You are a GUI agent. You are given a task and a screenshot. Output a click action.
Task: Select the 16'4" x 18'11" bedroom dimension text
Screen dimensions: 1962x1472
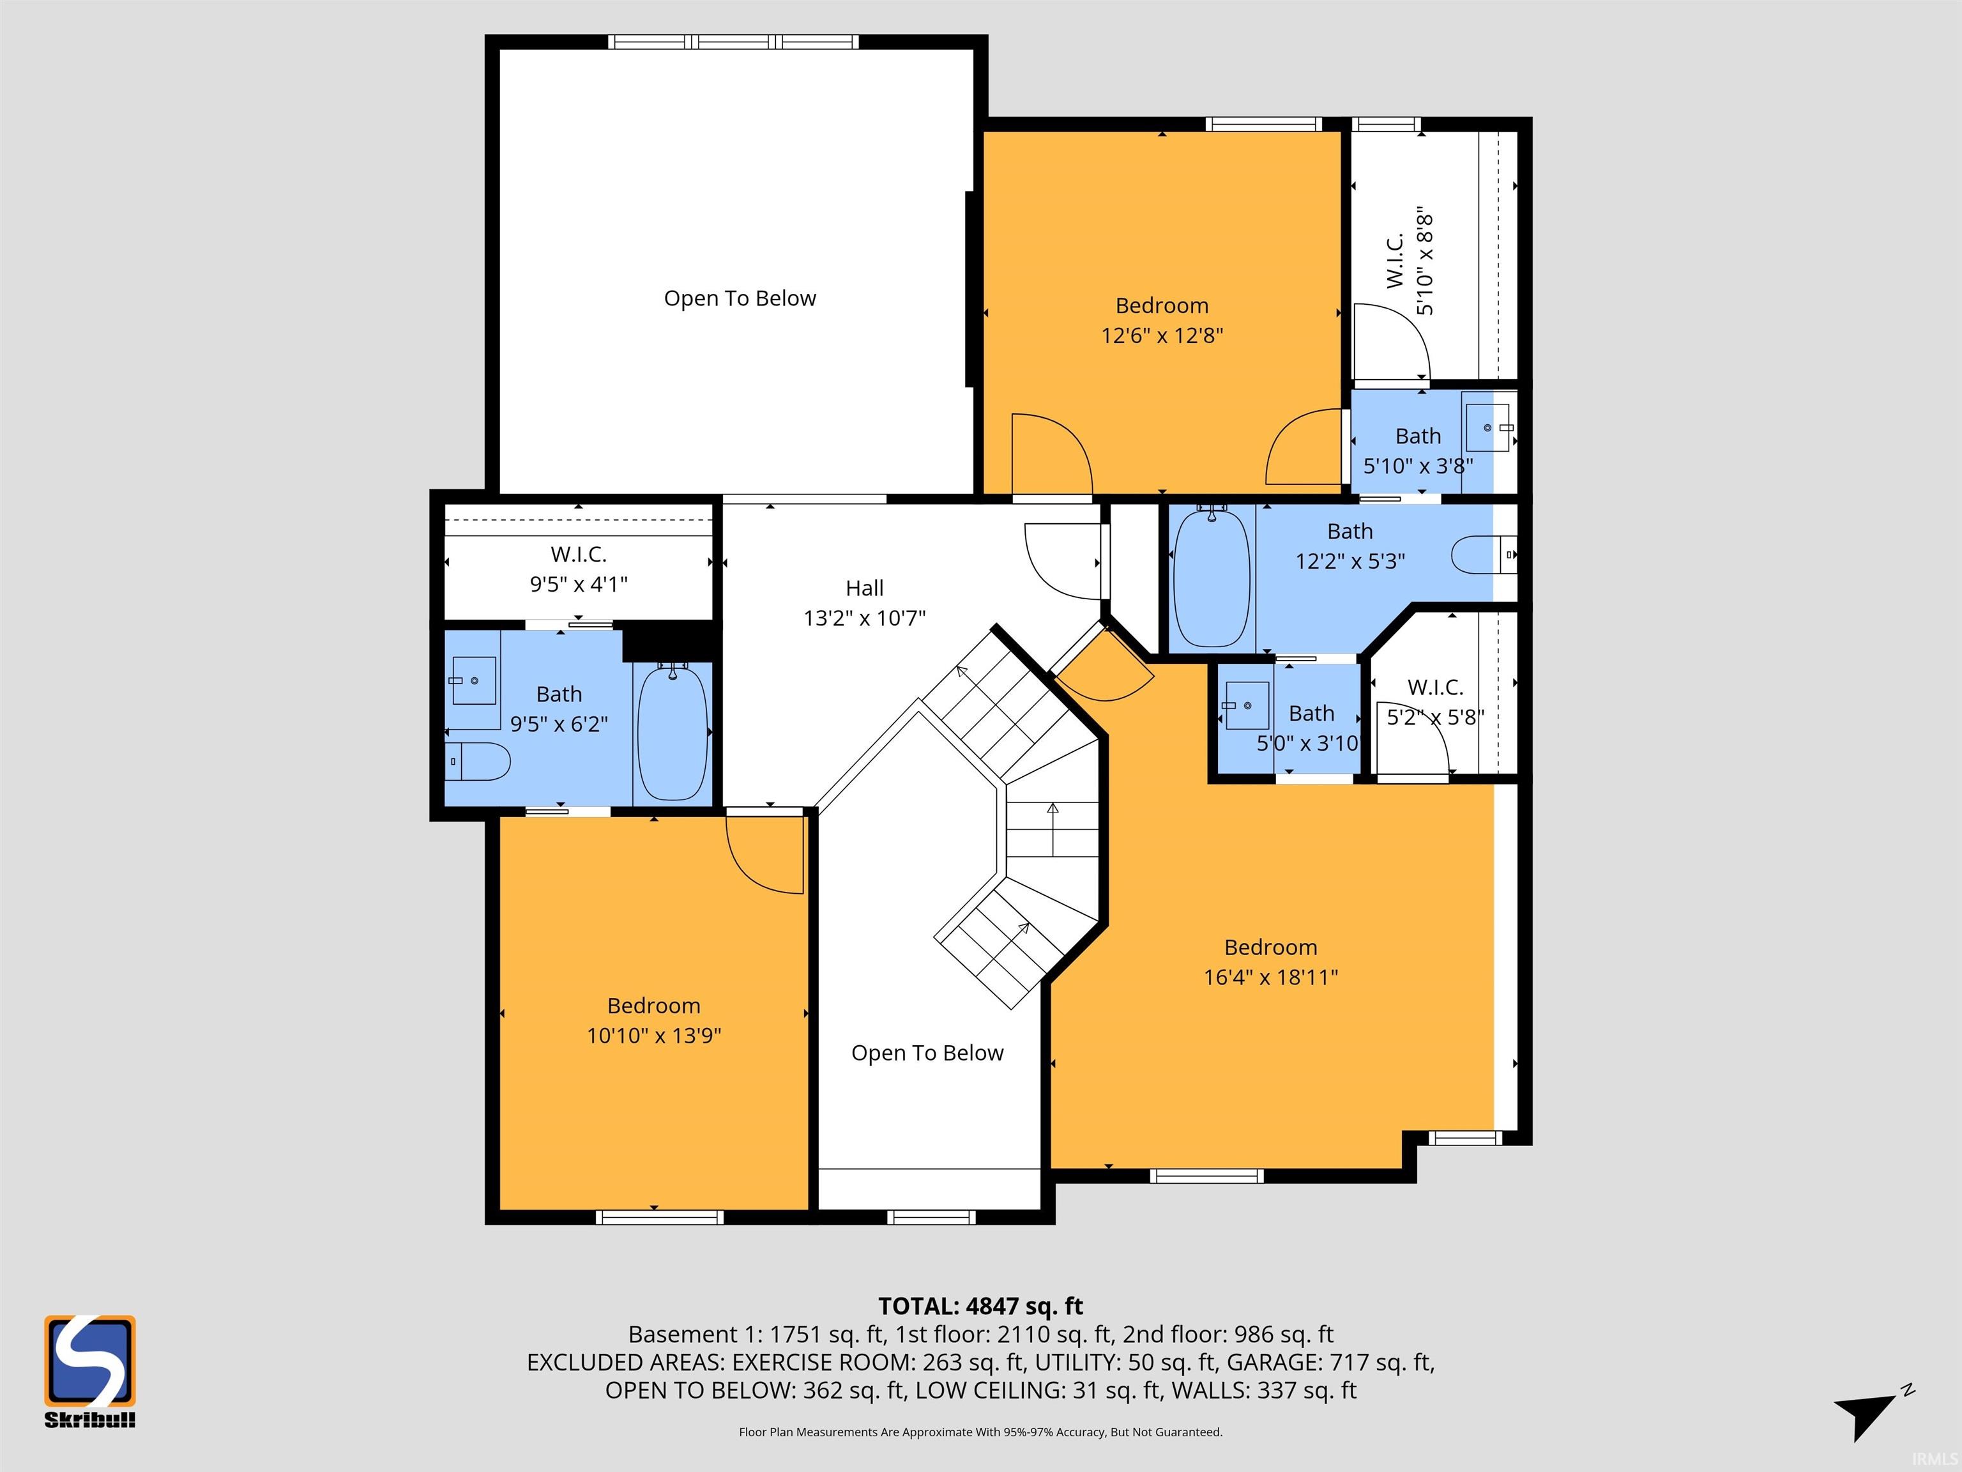click(1270, 977)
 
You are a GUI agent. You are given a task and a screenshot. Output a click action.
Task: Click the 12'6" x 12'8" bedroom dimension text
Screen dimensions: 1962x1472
click(1162, 335)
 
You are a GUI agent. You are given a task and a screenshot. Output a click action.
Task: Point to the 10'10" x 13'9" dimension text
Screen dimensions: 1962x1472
click(654, 1036)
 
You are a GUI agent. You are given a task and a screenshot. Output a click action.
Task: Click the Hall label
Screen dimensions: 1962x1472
click(865, 588)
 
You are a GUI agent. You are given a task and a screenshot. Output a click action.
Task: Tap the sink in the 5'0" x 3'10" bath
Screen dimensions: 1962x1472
click(1246, 705)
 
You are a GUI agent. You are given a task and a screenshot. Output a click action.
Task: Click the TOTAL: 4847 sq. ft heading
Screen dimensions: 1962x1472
click(981, 1306)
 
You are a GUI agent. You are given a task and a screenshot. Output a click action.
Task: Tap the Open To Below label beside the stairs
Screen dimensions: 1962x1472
click(927, 1052)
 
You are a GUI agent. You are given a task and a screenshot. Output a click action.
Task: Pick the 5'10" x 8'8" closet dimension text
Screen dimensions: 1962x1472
click(1424, 263)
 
